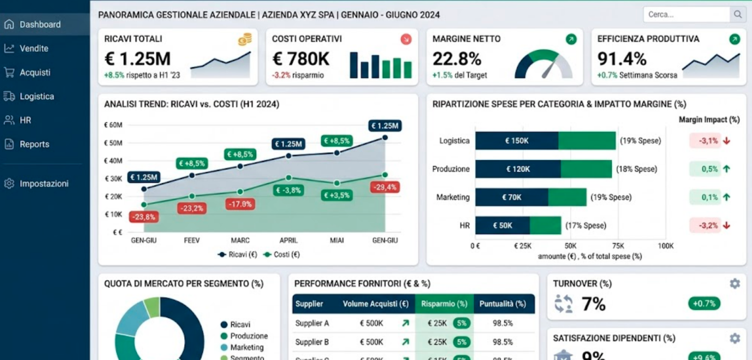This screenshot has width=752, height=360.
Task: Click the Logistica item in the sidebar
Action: (36, 96)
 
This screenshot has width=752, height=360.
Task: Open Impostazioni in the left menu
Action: (43, 183)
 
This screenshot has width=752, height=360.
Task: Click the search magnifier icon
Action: (737, 15)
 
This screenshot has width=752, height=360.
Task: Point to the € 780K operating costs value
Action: (301, 59)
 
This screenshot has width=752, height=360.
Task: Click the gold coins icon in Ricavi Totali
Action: (244, 39)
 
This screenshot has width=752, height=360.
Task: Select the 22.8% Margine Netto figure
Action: (456, 59)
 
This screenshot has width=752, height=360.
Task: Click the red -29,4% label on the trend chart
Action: (385, 187)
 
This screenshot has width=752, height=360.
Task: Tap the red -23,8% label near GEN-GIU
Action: (143, 217)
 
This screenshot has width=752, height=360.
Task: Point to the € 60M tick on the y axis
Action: (113, 125)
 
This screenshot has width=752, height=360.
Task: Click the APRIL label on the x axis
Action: (288, 240)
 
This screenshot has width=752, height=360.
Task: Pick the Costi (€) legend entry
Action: (282, 254)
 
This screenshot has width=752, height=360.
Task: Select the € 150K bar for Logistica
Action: (517, 141)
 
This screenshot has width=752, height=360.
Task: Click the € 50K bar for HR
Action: (502, 226)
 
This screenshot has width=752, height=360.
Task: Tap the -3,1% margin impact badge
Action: (708, 141)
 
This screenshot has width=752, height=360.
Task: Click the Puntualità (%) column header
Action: (502, 304)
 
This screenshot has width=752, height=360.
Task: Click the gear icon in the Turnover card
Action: (735, 283)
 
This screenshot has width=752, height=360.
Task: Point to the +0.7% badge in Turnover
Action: (704, 304)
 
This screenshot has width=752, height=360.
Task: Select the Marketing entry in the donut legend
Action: (247, 347)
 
